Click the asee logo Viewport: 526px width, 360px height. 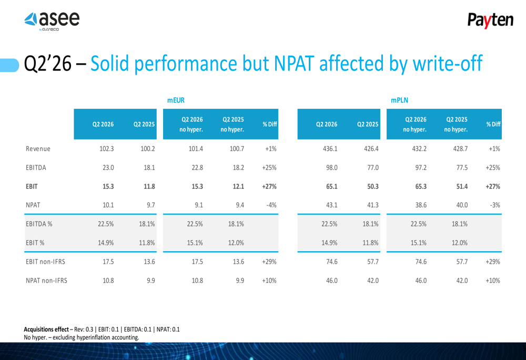click(x=52, y=21)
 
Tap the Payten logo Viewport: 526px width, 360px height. click(x=490, y=20)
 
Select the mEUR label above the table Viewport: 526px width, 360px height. click(x=176, y=100)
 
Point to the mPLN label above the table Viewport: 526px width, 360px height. click(x=399, y=100)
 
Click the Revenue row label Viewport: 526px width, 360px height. click(x=38, y=149)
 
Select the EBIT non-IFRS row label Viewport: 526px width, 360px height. click(x=45, y=262)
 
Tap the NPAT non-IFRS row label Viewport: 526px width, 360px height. click(x=46, y=281)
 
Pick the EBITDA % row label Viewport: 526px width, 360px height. click(x=39, y=224)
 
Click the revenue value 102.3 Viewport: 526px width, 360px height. click(x=107, y=149)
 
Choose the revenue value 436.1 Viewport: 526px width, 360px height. click(x=330, y=149)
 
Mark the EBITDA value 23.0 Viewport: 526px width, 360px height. click(x=108, y=168)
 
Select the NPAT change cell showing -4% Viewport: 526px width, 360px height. click(x=271, y=205)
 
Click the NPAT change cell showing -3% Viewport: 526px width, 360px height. click(x=495, y=205)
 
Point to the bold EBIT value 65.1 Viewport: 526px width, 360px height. click(x=332, y=187)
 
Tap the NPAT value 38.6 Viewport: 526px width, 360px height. click(x=421, y=205)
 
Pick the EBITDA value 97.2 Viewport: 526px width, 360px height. click(x=421, y=168)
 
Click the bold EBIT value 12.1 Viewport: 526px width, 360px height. click(x=238, y=187)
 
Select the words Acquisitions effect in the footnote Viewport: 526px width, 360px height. click(x=46, y=330)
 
